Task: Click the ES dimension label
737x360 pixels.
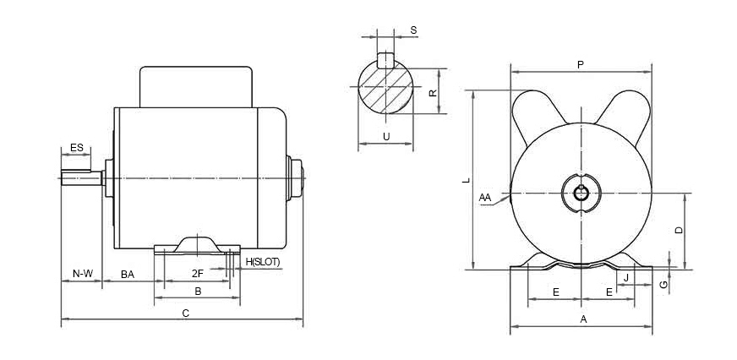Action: (x=76, y=148)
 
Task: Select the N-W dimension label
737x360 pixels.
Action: (x=82, y=274)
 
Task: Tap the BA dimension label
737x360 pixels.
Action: (x=128, y=274)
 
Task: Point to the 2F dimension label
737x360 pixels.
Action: (x=197, y=274)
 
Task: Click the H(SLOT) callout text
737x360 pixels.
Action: (x=262, y=262)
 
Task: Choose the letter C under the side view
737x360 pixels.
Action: (x=185, y=314)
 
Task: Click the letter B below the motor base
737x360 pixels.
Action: (x=198, y=291)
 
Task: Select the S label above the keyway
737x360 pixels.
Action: (x=413, y=30)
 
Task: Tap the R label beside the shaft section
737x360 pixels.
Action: (x=433, y=93)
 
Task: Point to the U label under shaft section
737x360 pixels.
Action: (x=386, y=136)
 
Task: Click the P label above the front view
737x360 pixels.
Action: (x=580, y=64)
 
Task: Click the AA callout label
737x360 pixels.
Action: (x=484, y=198)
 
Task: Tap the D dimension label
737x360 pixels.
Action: (x=678, y=230)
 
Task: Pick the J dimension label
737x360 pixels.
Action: (x=625, y=276)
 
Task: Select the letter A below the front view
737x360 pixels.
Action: (x=582, y=319)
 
